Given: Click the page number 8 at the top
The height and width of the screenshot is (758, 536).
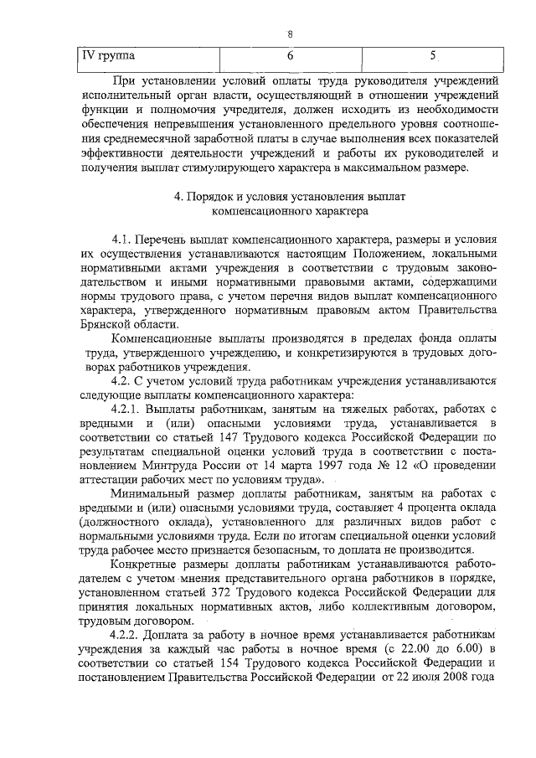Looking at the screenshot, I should tap(290, 34).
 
